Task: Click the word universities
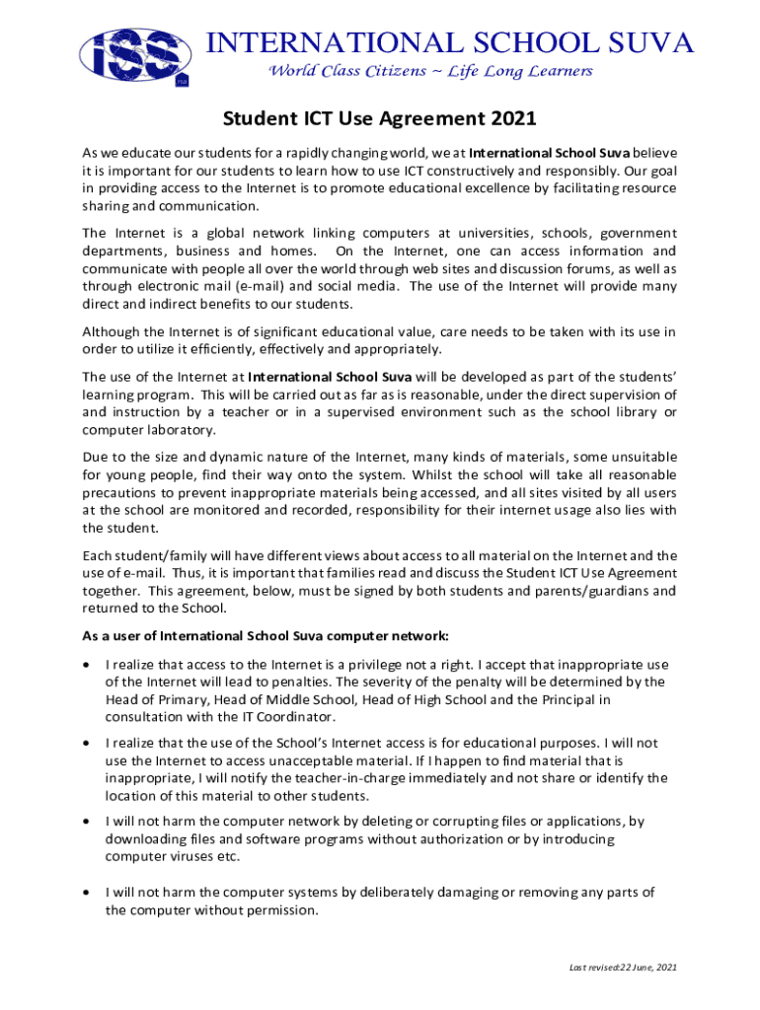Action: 483,233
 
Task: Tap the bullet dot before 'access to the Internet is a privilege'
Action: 89,664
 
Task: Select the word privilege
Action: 377,663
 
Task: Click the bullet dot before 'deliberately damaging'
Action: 89,894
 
